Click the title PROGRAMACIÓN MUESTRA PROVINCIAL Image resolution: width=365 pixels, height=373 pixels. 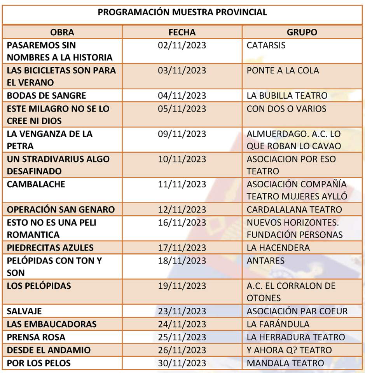182,12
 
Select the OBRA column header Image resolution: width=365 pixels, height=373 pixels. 62,32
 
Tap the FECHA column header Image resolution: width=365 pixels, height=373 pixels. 182,32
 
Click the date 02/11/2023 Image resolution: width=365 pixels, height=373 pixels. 182,45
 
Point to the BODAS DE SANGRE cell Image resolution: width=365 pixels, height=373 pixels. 47,96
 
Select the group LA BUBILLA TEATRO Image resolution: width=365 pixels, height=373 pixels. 287,96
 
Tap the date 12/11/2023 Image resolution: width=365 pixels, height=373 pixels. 182,210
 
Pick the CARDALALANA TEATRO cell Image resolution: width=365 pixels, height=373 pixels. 294,210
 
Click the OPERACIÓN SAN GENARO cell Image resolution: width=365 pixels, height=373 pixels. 61,210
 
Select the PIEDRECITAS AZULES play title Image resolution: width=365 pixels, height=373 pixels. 51,248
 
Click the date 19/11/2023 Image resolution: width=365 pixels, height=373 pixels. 182,286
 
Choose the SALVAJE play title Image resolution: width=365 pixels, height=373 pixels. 24,311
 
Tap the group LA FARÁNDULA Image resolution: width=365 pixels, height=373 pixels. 278,324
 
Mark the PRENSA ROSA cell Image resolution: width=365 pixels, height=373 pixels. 36,337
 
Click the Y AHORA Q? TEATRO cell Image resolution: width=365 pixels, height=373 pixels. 289,350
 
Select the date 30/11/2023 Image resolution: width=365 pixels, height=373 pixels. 182,363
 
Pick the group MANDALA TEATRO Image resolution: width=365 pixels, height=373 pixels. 285,363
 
